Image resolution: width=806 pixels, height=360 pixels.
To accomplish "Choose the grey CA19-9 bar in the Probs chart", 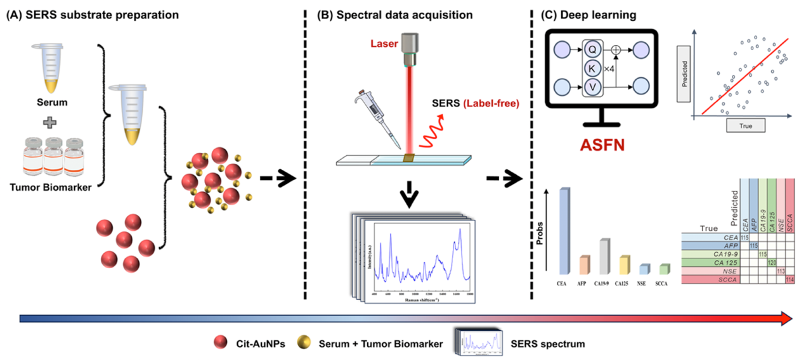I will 604,257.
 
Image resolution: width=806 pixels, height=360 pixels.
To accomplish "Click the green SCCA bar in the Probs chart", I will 664,268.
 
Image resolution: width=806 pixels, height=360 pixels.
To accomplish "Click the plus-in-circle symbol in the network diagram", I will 616,49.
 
